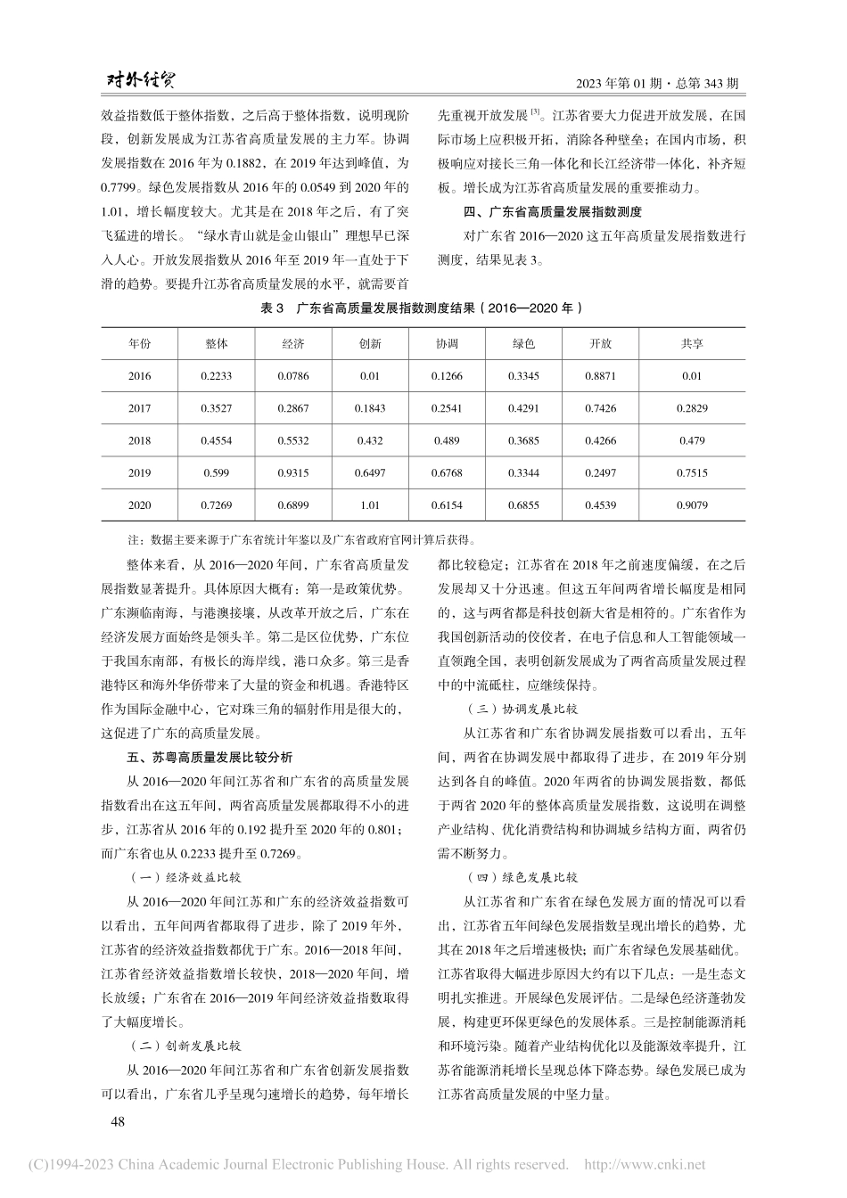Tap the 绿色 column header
pyautogui.click(x=523, y=343)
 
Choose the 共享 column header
pyautogui.click(x=692, y=343)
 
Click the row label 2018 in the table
pyautogui.click(x=139, y=440)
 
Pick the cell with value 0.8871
pyautogui.click(x=600, y=376)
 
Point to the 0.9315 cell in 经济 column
pyautogui.click(x=292, y=472)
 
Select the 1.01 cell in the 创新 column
pyautogui.click(x=370, y=505)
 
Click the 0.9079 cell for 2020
pyautogui.click(x=692, y=505)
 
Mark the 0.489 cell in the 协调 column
pyautogui.click(x=447, y=440)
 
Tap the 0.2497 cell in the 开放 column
pyautogui.click(x=600, y=472)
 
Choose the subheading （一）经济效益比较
pyautogui.click(x=186, y=877)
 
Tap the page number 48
pyautogui.click(x=117, y=1122)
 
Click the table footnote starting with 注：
pyautogui.click(x=302, y=539)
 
